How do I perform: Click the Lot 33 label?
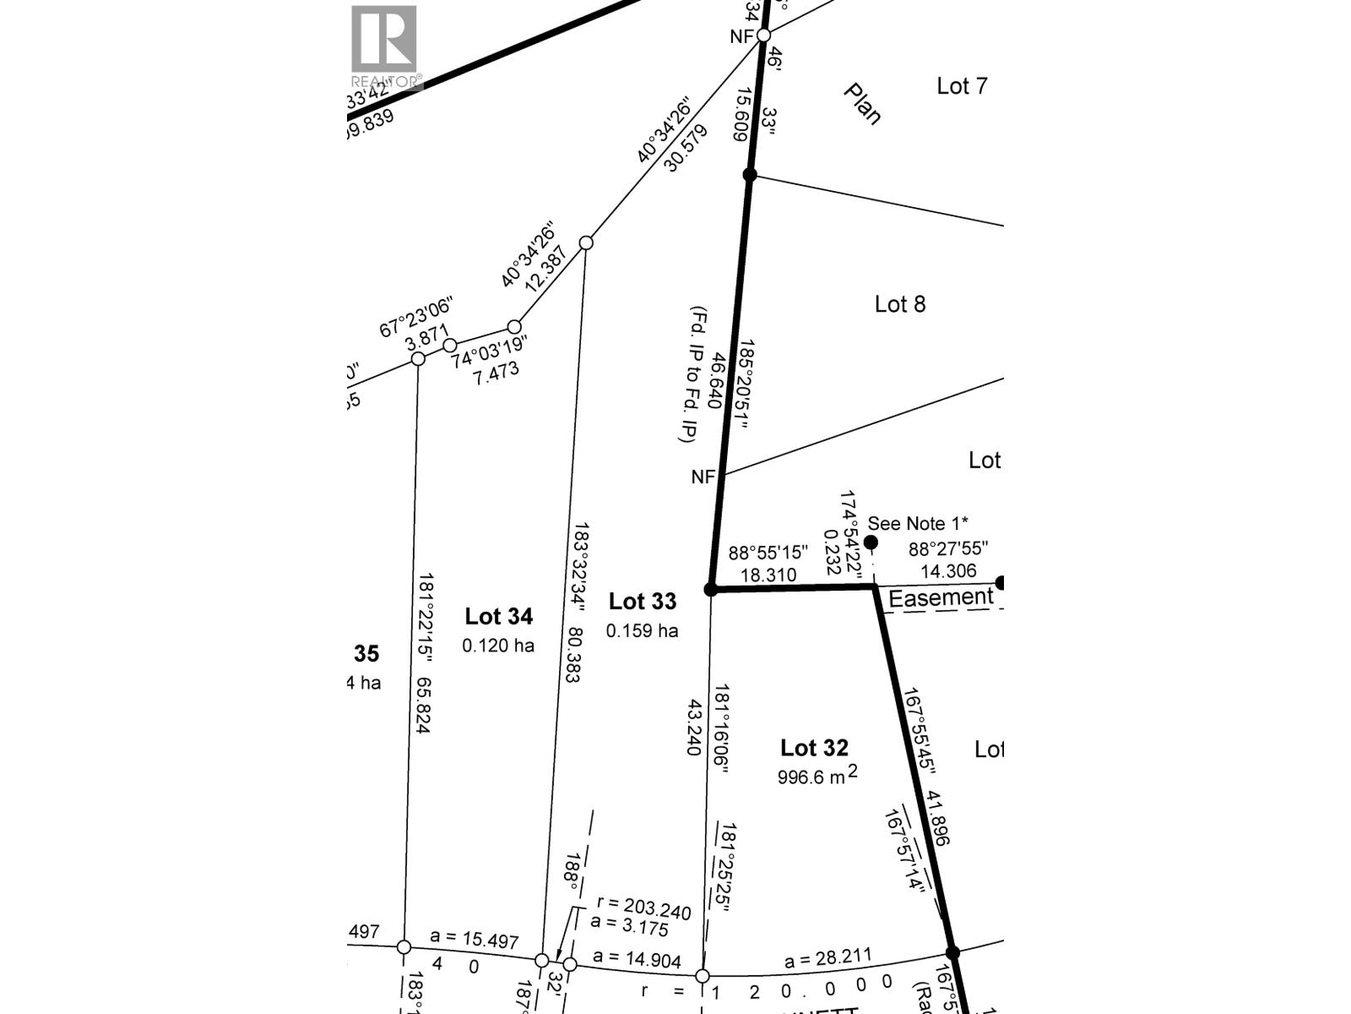643,602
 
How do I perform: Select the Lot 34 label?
498,617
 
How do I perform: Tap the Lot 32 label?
814,748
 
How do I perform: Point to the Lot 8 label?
900,304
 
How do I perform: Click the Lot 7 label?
962,86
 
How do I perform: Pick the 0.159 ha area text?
642,631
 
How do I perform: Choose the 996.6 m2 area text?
817,777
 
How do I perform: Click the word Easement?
941,598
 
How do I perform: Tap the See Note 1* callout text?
918,524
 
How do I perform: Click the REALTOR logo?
384,46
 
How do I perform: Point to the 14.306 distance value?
948,572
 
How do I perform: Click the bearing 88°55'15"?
768,553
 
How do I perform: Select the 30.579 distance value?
684,150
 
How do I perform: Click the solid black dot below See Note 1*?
871,542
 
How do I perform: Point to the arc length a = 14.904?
637,957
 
